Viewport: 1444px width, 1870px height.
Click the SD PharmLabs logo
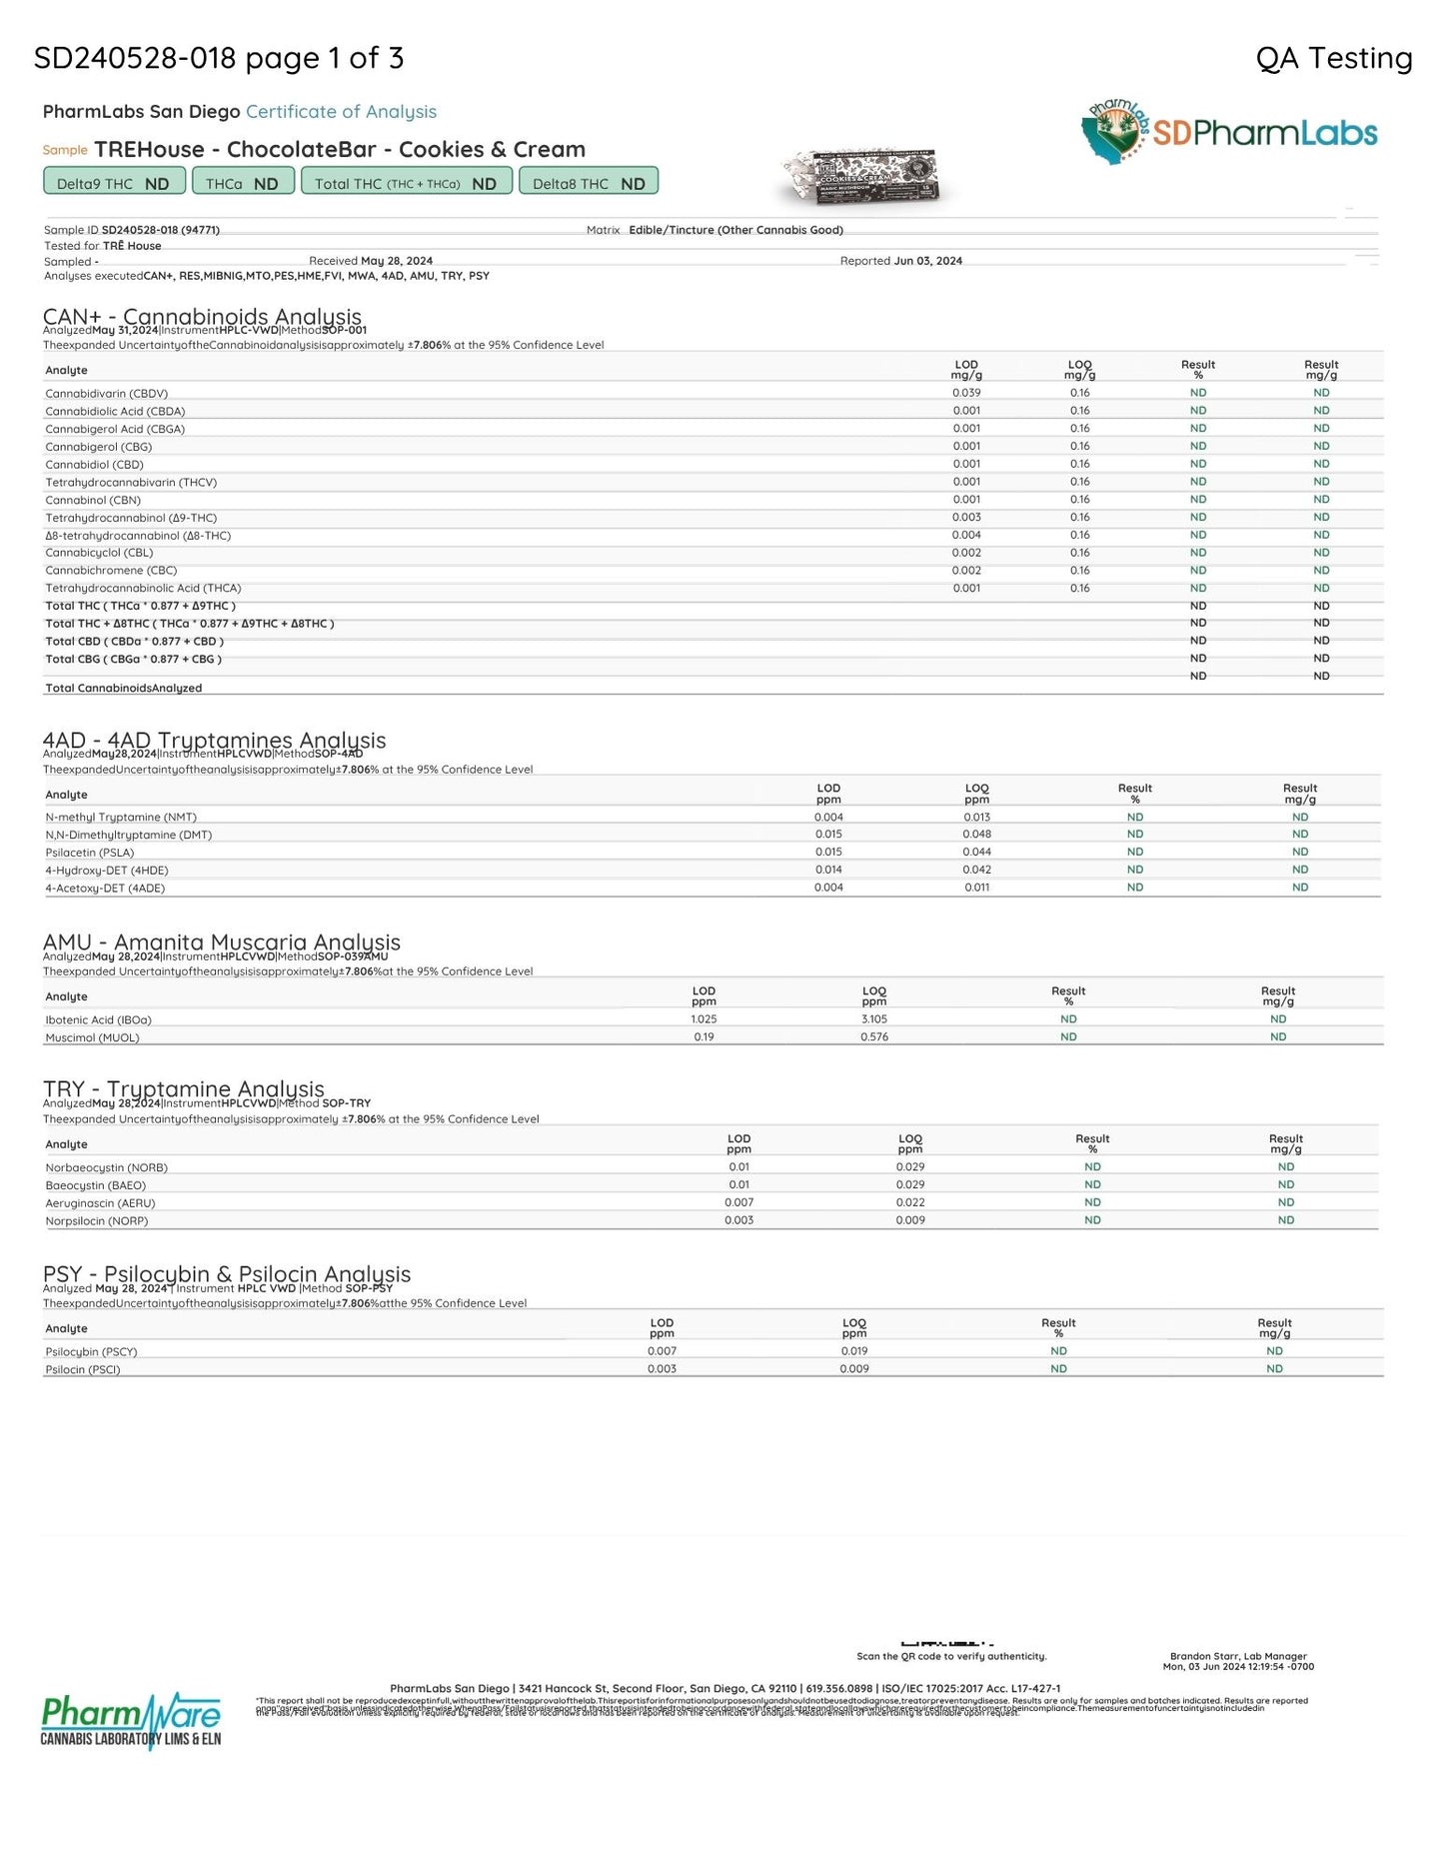pos(1229,132)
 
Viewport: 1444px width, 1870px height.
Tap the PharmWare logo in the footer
pos(130,1719)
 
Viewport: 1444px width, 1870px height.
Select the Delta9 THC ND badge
pos(114,183)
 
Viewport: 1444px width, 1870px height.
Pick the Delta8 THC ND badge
pos(589,183)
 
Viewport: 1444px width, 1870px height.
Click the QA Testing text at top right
pos(1333,59)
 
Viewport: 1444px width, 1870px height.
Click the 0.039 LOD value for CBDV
pos(966,393)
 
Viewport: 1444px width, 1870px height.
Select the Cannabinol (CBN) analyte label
pos(93,500)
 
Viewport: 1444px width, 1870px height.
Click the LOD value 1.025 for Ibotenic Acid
pos(704,1019)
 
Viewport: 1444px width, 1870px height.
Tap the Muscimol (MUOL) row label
pos(92,1037)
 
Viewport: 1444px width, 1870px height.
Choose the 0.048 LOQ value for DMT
pos(976,835)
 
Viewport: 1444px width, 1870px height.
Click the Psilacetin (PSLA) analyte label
pos(90,853)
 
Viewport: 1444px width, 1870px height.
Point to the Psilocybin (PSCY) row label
pos(91,1351)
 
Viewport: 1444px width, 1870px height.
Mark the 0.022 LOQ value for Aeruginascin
pos(910,1202)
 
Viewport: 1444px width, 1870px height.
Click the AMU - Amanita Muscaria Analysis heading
pos(222,942)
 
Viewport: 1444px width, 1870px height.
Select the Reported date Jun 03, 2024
pos(927,261)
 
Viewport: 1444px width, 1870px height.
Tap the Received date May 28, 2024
pos(397,261)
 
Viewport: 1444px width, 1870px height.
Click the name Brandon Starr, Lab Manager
pos(1238,1656)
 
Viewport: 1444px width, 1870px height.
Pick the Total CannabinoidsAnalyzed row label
pos(124,688)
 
